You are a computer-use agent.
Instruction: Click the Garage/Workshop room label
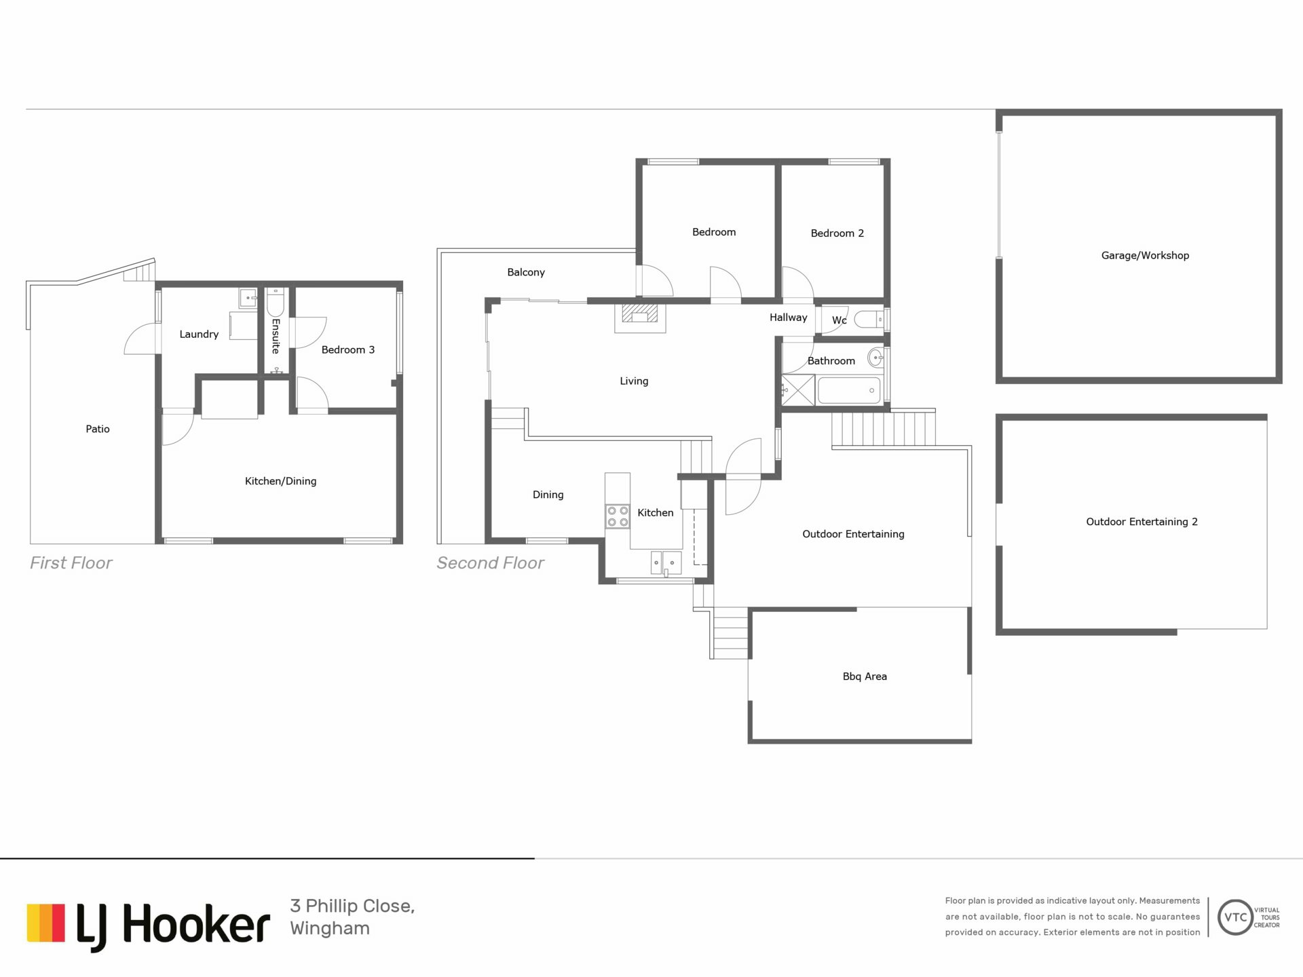point(1145,256)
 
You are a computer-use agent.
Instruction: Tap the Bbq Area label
point(865,676)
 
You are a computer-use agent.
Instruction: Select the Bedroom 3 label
point(347,350)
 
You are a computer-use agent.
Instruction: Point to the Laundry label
point(199,334)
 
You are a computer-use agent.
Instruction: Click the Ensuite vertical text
point(276,336)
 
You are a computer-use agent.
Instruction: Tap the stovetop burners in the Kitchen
point(618,516)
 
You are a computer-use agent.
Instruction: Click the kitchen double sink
point(666,562)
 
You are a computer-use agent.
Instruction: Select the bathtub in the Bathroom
point(850,391)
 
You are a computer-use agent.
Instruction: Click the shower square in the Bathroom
point(798,390)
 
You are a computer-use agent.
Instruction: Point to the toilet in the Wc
point(868,319)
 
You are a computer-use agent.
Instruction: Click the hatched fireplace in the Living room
point(640,313)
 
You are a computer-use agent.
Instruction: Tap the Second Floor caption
point(490,563)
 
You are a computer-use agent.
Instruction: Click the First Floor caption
point(71,563)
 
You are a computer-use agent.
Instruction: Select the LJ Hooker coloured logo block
point(46,923)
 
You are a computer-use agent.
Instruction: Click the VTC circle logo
point(1235,917)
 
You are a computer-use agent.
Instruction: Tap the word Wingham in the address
point(330,928)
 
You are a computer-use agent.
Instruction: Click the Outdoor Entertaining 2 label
point(1141,522)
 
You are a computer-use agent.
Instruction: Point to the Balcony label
point(526,273)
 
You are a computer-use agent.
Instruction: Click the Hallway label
point(789,318)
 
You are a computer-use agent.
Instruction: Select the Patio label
point(98,429)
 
